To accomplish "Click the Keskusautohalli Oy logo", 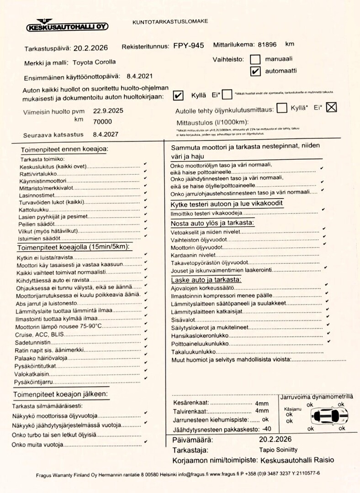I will (67, 26).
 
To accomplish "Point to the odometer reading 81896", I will (267, 44).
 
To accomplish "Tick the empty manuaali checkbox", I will (255, 59).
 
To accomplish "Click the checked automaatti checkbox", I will (256, 71).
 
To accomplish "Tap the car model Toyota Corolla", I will (94, 62).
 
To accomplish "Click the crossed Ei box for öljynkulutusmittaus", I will (332, 107).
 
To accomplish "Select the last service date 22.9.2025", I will (108, 110).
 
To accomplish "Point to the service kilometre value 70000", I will (102, 121).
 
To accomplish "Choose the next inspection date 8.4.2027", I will (106, 134).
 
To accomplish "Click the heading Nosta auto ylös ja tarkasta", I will (212, 223).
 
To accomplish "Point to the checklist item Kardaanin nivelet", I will (193, 255).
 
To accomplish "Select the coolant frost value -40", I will (266, 429).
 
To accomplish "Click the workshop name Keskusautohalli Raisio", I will (297, 460).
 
